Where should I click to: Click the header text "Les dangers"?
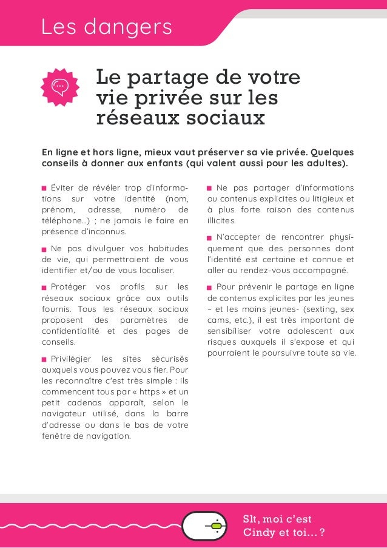[x=106, y=27]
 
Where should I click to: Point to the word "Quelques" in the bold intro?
[x=332, y=151]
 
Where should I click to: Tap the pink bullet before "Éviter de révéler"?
[x=44, y=189]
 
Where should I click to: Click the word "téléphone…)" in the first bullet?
[x=64, y=220]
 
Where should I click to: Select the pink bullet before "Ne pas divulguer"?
[x=44, y=249]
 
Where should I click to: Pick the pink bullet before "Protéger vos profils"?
[x=44, y=287]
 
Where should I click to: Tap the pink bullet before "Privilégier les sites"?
[x=44, y=359]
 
